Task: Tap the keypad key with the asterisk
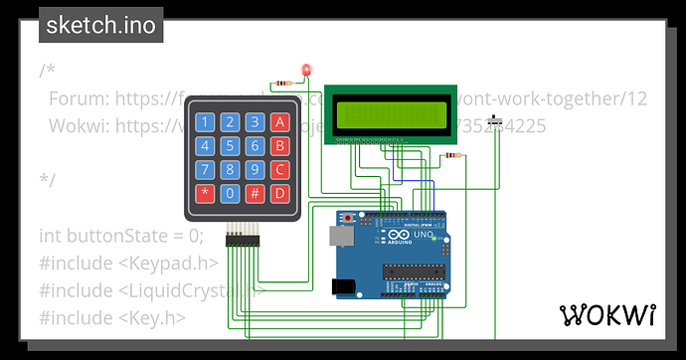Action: [205, 192]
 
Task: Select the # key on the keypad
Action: [255, 192]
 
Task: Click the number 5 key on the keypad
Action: [230, 145]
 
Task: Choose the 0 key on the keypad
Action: [230, 192]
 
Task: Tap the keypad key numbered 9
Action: [255, 168]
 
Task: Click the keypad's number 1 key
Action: [205, 122]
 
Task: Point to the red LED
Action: [306, 70]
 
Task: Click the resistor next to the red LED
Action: [285, 83]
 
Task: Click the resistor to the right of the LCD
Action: [454, 155]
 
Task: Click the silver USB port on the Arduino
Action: [342, 236]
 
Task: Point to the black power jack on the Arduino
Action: [344, 285]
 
